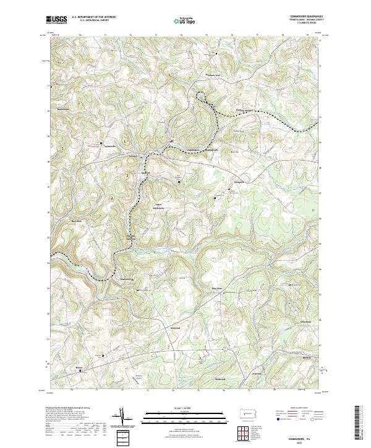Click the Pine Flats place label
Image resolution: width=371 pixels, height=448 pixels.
pyautogui.click(x=217, y=288)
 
